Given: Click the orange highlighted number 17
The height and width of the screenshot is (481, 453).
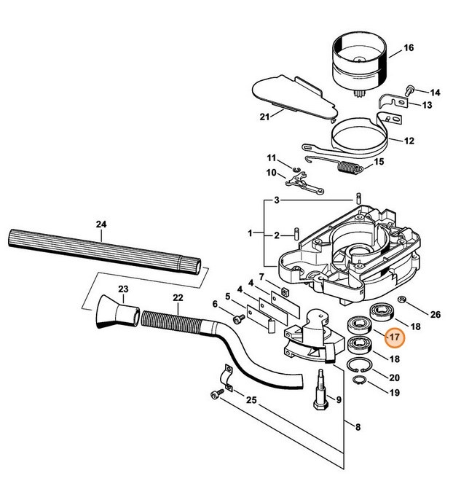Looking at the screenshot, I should [394, 338].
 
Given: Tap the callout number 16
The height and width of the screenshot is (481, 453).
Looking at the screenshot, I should [409, 48].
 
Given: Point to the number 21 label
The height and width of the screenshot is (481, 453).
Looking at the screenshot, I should [265, 117].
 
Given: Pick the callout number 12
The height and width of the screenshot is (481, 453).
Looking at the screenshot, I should [409, 141].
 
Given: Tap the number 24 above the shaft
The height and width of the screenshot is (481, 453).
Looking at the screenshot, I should [101, 225].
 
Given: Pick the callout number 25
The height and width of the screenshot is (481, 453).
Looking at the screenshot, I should [251, 401].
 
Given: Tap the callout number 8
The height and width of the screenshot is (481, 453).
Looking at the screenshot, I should [355, 426].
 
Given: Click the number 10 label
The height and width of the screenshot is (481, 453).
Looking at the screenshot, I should [251, 173].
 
